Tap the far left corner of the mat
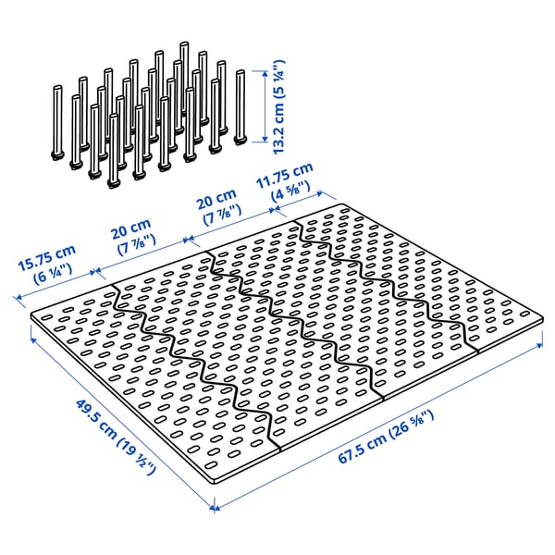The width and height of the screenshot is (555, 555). pyautogui.click(x=34, y=315)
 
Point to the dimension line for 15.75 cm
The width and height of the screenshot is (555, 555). pyautogui.click(x=55, y=286)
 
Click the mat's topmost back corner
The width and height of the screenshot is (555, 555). pyautogui.click(x=342, y=206)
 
